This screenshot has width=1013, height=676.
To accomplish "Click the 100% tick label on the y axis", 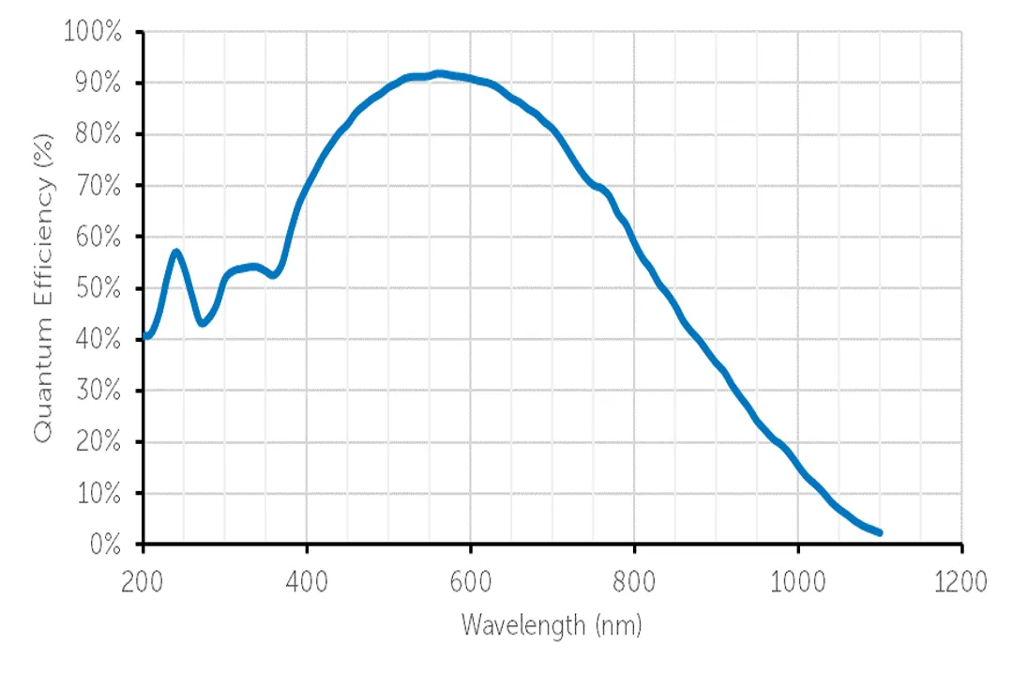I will (x=93, y=33).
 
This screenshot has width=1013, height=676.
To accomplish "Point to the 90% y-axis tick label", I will (x=98, y=84).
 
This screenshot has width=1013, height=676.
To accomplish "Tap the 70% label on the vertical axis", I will (x=98, y=186).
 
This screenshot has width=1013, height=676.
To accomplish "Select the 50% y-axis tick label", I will (x=98, y=288).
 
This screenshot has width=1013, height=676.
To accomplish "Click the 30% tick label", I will (x=98, y=391).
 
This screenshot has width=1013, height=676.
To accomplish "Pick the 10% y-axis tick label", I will (x=98, y=493).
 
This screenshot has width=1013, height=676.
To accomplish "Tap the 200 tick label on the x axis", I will (x=143, y=581).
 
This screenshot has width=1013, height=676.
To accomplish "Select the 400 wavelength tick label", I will (x=307, y=581).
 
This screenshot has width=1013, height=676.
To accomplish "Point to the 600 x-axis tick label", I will (x=470, y=581).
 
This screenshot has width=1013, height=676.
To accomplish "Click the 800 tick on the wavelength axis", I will (x=634, y=581).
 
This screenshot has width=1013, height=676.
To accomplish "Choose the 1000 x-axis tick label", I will (x=798, y=581).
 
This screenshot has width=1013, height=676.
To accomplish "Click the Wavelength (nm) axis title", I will (x=552, y=624).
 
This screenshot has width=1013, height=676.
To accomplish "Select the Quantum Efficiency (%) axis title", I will (x=43, y=286).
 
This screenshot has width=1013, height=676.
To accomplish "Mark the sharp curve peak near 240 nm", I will (x=175, y=252).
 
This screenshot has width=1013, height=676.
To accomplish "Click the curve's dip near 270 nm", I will (x=202, y=323).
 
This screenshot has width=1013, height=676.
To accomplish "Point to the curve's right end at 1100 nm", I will (x=879, y=532).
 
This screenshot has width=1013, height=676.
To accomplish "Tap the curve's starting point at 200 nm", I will (x=145, y=335).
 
